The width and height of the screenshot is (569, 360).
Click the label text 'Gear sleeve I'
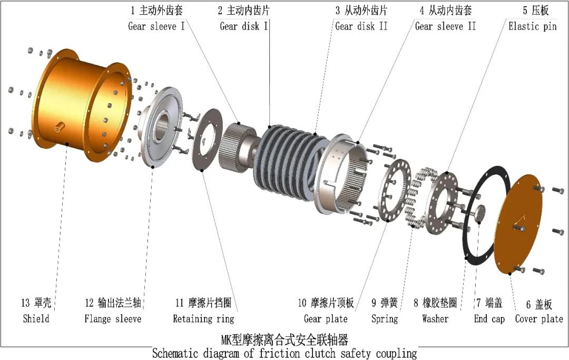tap(156, 26)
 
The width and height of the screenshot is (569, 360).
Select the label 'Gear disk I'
tap(244, 26)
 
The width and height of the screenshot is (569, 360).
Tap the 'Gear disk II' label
tap(361, 26)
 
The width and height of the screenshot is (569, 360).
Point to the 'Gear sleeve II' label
tap(445, 26)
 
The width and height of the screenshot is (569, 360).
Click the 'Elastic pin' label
tap(532, 26)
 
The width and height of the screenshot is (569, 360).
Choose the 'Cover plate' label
tap(539, 319)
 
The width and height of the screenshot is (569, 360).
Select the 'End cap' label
tap(489, 319)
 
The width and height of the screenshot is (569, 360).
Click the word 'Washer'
tap(435, 319)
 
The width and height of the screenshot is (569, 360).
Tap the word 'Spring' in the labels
tap(385, 319)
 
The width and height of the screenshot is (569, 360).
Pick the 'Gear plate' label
tap(326, 319)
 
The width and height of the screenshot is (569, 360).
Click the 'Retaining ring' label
tap(203, 319)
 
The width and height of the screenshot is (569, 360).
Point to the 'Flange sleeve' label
tap(113, 319)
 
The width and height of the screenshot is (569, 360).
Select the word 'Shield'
tap(36, 319)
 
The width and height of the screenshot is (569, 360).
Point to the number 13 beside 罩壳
tap(25, 303)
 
